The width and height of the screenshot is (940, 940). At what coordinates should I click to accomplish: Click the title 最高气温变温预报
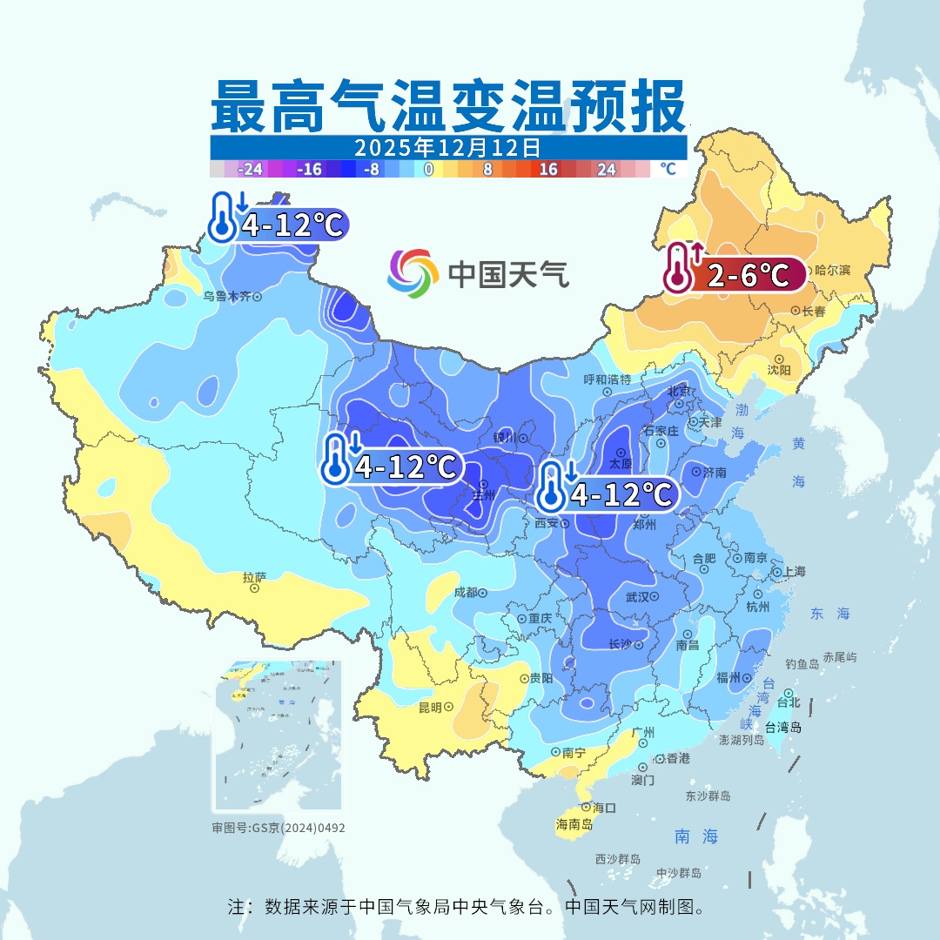point(448,106)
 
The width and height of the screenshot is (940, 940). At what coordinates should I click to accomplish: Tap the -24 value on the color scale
point(251,170)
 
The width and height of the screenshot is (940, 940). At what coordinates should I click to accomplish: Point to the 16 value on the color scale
point(548,170)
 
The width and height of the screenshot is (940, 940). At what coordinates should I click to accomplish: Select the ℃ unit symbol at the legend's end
point(668,169)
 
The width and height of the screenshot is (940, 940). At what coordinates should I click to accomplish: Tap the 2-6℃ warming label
point(748,276)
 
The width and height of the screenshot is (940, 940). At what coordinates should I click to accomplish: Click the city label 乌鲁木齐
point(227,297)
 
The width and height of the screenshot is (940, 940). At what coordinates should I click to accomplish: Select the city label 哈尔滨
point(833,271)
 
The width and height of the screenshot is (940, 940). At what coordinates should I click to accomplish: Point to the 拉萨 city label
point(254,577)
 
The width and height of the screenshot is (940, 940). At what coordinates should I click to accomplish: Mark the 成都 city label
point(466,593)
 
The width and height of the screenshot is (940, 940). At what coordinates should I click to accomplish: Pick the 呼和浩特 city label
point(607,379)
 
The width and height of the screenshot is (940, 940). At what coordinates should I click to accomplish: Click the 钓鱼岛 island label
point(802,664)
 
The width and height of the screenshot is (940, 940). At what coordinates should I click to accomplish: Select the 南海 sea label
point(696,836)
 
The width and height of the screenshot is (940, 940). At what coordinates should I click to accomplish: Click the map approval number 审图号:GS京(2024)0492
point(279,828)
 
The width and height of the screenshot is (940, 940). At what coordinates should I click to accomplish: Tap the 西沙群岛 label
point(618,859)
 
